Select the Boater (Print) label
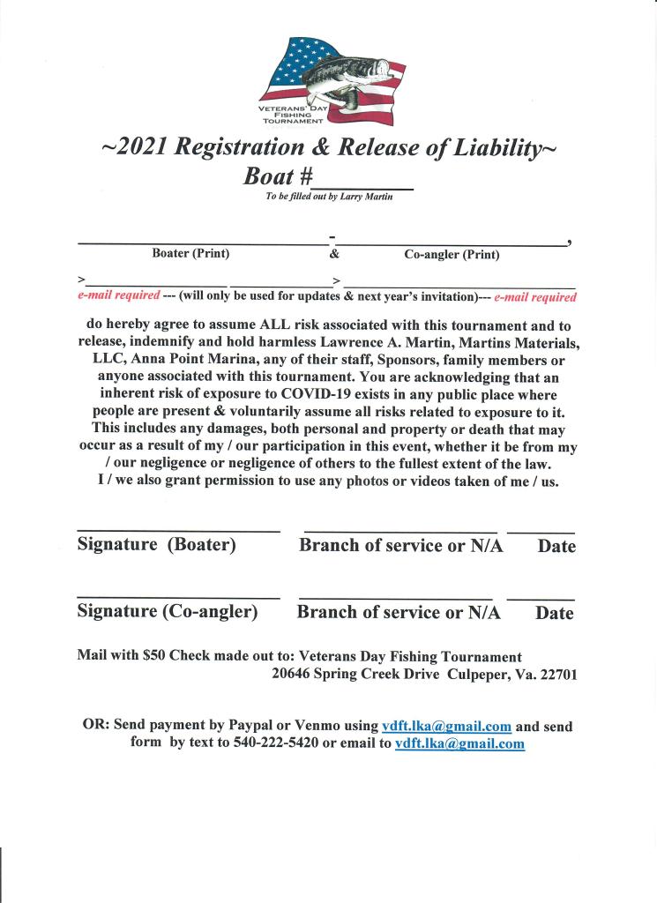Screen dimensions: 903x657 point(190,254)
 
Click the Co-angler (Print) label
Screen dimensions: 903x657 point(452,255)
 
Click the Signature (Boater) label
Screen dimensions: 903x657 point(157,545)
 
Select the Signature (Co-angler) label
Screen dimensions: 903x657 point(168,612)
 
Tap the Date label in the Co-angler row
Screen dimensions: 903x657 point(554,613)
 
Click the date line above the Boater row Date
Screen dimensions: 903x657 point(541,533)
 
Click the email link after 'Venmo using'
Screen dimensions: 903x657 point(446,727)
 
